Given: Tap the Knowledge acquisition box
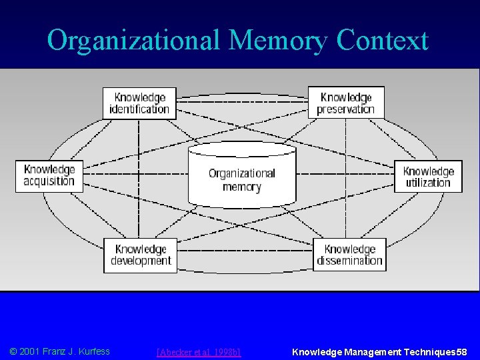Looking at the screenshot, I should (50, 175).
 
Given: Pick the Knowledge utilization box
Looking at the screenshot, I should (428, 176).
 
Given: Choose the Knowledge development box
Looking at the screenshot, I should (141, 255).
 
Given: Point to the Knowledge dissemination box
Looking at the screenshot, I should (349, 255).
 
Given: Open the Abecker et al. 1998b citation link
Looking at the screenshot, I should (198, 351).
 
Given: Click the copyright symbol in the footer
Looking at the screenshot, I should (13, 351).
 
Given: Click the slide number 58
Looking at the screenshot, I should (462, 351).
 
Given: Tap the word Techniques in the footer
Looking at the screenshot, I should (427, 351).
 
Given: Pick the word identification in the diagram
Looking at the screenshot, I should (139, 108).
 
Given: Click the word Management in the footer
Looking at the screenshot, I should (370, 351).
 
